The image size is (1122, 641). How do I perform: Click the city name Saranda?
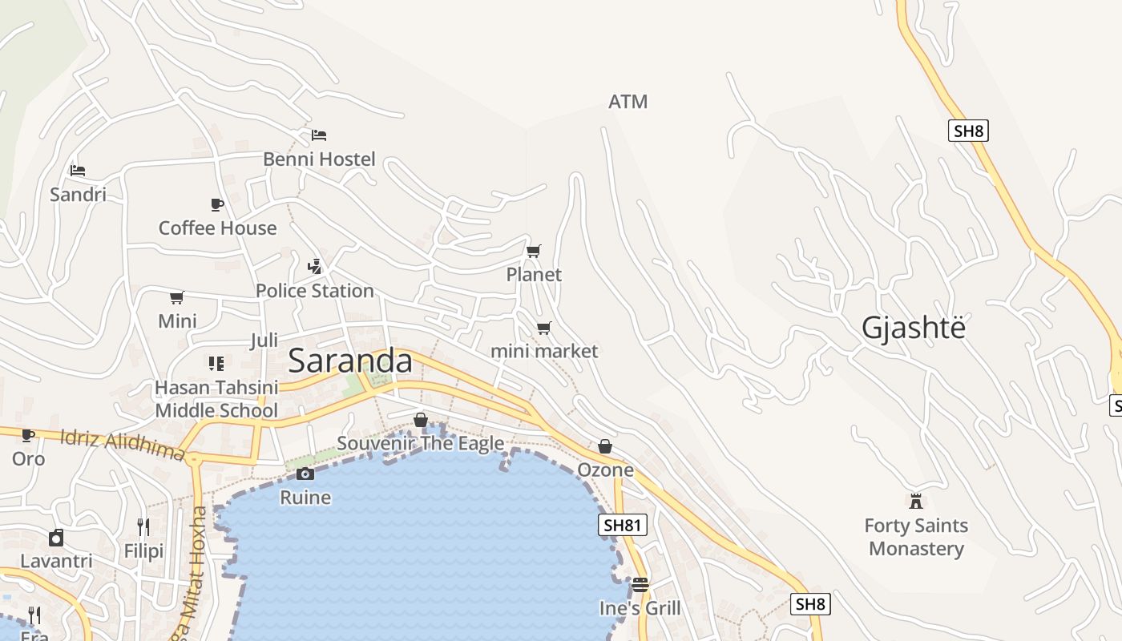tap(350, 361)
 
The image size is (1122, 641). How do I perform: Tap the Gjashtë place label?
tap(914, 328)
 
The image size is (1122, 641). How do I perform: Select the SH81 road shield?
tap(622, 525)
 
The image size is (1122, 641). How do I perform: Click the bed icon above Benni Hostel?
tap(319, 135)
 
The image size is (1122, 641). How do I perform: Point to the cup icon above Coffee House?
tap(217, 204)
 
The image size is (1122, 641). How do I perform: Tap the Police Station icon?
tap(315, 266)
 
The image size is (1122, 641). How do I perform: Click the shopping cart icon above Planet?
tap(534, 251)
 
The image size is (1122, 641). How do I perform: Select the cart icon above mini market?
tap(544, 328)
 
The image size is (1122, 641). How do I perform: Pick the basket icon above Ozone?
tap(605, 446)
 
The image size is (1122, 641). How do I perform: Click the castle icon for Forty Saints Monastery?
tap(916, 502)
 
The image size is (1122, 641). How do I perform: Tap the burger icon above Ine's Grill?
tap(640, 584)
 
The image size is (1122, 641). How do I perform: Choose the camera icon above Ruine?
tap(305, 474)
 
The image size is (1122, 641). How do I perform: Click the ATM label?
tap(628, 102)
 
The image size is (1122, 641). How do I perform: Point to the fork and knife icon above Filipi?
tap(143, 526)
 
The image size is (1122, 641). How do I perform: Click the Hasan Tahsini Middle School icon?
tap(216, 364)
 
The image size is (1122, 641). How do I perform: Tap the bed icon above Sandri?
tap(78, 171)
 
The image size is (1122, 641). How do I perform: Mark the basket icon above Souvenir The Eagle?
tap(420, 420)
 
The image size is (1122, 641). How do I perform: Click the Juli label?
tap(264, 341)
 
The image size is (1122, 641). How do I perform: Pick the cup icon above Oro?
tap(28, 435)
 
